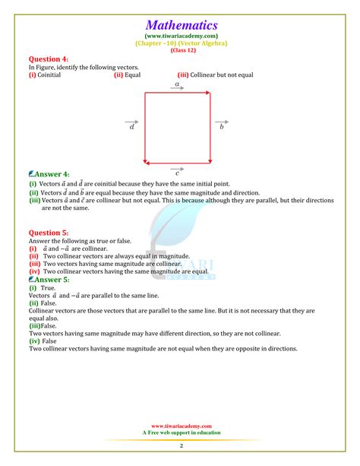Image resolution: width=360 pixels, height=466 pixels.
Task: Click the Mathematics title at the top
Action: click(x=181, y=24)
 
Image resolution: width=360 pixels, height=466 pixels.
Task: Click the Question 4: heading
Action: click(x=48, y=59)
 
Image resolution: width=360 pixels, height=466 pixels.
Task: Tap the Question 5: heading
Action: click(x=48, y=233)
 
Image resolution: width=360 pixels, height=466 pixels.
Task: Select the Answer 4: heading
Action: click(x=51, y=174)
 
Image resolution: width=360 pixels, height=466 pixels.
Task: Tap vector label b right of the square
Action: click(x=222, y=128)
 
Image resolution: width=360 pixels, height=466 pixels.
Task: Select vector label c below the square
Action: click(x=178, y=173)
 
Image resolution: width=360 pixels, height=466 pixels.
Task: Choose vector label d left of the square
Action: click(x=131, y=128)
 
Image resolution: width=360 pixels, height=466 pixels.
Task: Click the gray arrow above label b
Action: click(x=221, y=121)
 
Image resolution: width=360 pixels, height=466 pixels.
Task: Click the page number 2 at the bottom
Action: click(x=181, y=445)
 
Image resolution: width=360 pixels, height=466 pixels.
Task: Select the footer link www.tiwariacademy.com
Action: click(x=181, y=426)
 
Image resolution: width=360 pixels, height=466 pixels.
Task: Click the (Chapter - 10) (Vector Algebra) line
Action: click(x=181, y=43)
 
